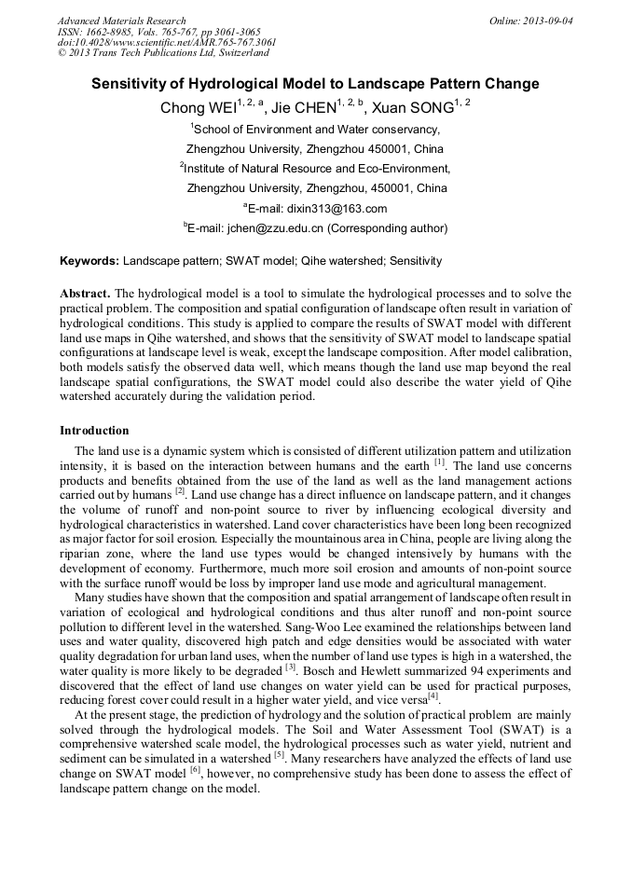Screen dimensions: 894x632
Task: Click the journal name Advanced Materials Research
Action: coord(121,21)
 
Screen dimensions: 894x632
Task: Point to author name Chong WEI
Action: coord(197,108)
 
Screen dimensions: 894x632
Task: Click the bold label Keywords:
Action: coord(89,261)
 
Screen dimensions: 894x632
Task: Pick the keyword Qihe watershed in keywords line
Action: coord(343,261)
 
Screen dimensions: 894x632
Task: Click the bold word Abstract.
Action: coord(86,293)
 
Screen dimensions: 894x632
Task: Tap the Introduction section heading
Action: coord(94,431)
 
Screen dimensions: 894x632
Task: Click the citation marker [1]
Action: coord(439,462)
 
